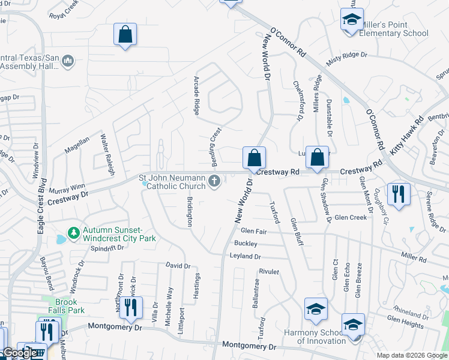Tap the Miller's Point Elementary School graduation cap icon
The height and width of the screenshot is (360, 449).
[x=352, y=19]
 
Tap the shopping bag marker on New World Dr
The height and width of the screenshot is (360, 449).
[x=255, y=158]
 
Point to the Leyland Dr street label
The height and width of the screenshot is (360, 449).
[x=245, y=256]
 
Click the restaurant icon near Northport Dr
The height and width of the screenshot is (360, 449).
[x=130, y=308]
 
